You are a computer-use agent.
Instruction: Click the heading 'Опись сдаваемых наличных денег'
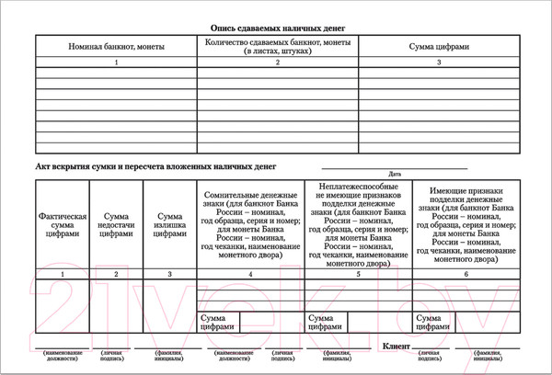pos(276,28)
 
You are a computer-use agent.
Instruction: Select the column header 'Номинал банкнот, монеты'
pos(116,46)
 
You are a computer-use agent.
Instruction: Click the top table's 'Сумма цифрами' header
pos(439,46)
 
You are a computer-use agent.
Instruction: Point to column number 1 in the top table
pos(116,62)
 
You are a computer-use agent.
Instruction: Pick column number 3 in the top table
pos(439,62)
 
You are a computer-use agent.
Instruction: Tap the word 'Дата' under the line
pos(395,174)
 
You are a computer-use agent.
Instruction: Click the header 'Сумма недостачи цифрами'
pos(116,223)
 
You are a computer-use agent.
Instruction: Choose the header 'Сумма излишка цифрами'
pos(169,223)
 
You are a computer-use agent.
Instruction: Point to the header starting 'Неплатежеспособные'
pos(358,223)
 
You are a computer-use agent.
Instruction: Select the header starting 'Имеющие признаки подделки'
pos(466,223)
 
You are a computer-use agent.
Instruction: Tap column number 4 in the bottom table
pos(250,274)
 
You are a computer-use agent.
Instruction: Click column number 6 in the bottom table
pos(466,274)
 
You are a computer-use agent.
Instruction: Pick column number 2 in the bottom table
pos(116,274)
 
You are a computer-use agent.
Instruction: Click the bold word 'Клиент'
pos(397,346)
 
